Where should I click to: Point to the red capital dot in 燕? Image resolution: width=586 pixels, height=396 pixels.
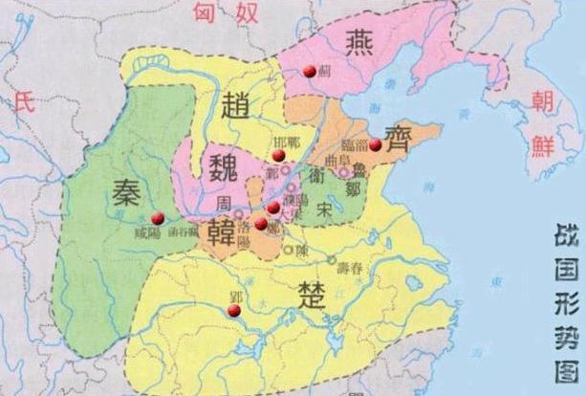tap(309, 71)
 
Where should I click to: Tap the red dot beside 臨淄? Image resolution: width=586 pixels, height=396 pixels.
tap(376, 145)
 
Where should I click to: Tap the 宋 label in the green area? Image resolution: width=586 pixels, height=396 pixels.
tap(326, 207)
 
